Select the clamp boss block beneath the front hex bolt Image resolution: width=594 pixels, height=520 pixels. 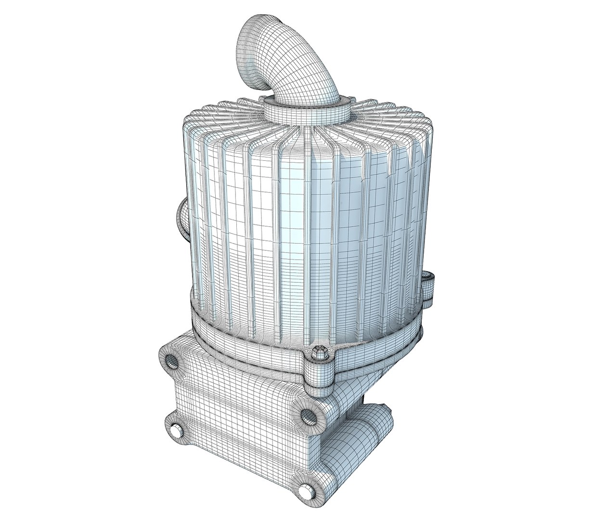(318, 373)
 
